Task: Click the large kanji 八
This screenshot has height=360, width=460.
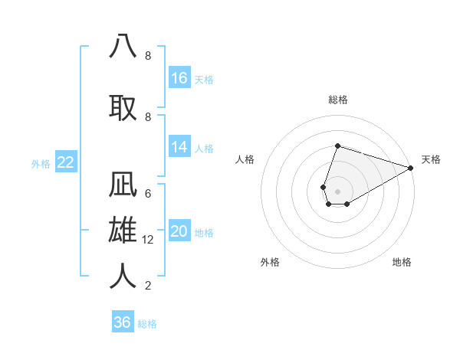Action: [x=123, y=46]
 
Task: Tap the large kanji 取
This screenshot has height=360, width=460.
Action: [x=123, y=107]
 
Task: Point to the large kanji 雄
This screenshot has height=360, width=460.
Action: [x=123, y=231]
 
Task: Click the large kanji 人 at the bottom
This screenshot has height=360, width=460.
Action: [x=123, y=276]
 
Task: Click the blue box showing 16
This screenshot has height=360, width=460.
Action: [x=179, y=77]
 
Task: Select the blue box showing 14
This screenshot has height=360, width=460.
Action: [x=179, y=147]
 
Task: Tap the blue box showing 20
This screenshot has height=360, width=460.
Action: [x=179, y=231]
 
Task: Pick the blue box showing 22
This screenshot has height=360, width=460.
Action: [x=65, y=162]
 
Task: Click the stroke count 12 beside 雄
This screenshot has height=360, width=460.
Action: [x=149, y=240]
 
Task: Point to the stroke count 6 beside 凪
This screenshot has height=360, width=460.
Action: [x=148, y=193]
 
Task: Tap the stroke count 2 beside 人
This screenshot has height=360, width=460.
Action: [x=148, y=286]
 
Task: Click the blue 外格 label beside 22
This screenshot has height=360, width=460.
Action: [x=40, y=163]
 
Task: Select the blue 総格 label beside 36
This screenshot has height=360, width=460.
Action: [x=147, y=324]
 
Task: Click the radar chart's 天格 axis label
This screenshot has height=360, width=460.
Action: [x=431, y=159]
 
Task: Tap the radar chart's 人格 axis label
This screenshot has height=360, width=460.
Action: [x=245, y=159]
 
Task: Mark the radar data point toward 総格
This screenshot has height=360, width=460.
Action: [x=337, y=146]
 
